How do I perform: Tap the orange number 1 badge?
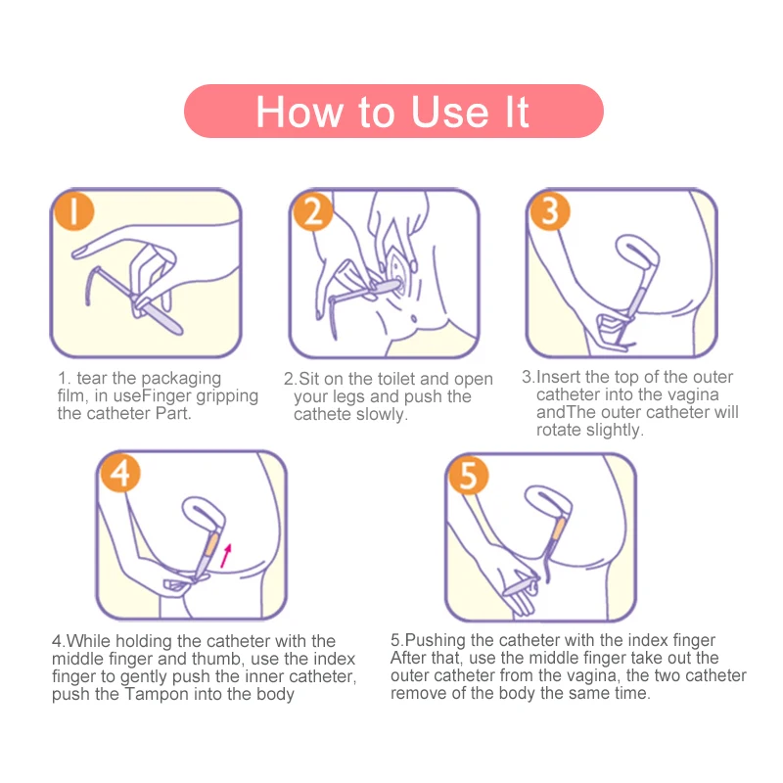74,211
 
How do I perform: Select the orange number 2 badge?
313,211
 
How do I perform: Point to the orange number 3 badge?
550,210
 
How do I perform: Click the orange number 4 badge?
120,473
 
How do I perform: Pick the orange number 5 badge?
469,475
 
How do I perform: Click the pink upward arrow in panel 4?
226,556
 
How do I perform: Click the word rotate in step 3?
559,430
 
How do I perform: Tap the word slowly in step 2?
381,414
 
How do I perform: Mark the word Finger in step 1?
166,396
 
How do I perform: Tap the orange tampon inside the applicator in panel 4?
211,544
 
